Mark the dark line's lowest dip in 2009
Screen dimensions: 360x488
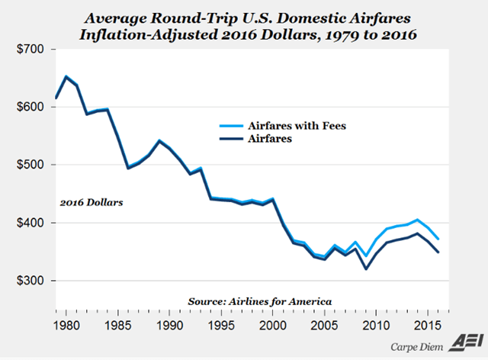[x=367, y=269]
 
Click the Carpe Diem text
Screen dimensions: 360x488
[x=422, y=344]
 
